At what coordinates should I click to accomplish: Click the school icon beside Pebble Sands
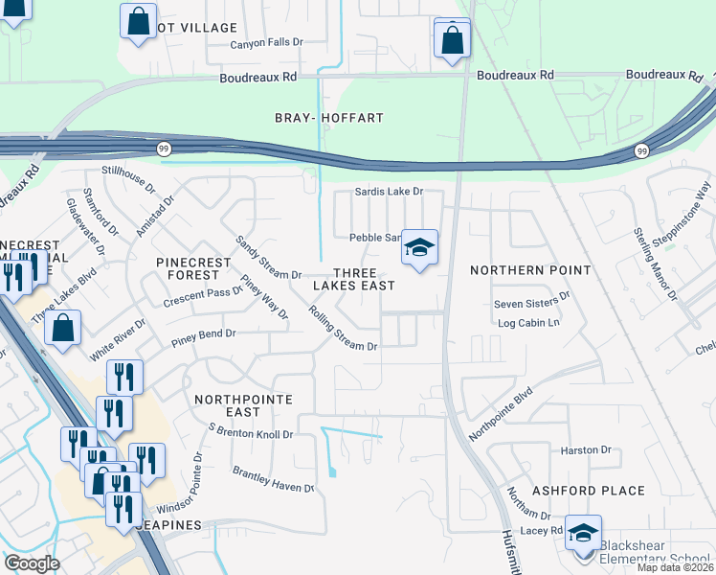tap(418, 247)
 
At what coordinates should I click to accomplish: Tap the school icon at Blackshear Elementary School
tap(582, 533)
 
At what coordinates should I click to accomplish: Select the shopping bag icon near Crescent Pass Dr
tap(62, 328)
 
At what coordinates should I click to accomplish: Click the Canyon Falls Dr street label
tap(266, 43)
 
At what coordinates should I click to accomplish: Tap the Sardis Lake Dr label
tap(389, 192)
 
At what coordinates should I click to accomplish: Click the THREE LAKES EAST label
tap(354, 278)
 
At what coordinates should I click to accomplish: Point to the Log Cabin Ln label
tap(528, 323)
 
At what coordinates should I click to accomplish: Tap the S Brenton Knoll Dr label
tap(250, 434)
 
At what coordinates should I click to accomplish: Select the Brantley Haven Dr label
tap(274, 479)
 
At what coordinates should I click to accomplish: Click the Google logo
tap(32, 563)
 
